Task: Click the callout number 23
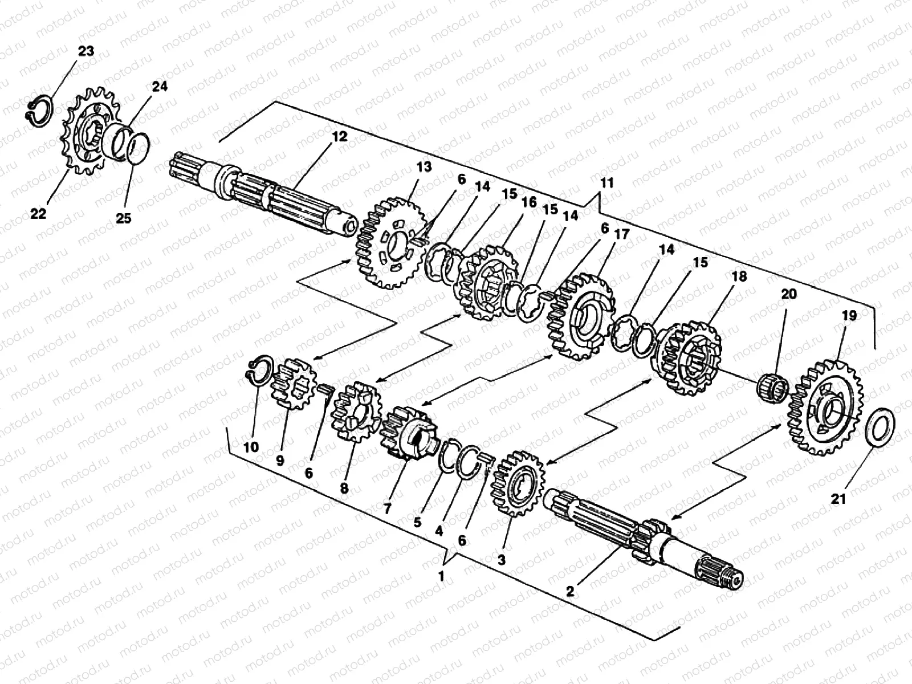85,51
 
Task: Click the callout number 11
606,184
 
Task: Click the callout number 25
124,218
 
